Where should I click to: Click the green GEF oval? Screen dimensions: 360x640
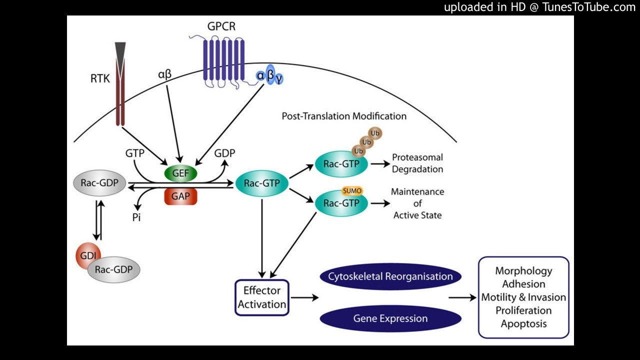180,173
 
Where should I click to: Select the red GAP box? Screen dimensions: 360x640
180,196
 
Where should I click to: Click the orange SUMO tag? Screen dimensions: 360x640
352,191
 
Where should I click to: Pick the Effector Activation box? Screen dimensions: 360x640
262,297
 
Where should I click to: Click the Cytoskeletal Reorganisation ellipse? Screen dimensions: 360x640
390,276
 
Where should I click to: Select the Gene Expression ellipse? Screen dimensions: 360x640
390,318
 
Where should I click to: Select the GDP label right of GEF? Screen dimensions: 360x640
224,153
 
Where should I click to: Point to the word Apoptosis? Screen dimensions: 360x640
523,323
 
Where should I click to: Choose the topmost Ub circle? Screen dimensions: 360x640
375,133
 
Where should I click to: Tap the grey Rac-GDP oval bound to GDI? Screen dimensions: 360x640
113,270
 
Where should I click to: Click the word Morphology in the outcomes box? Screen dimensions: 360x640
523,271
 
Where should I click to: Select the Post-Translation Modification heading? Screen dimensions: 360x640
344,116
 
